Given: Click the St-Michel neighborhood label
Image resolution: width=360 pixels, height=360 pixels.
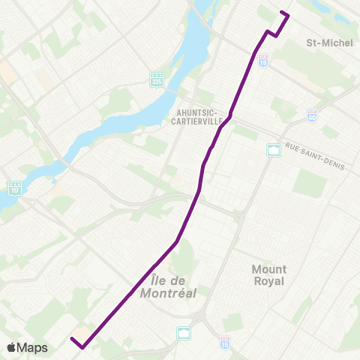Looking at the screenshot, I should [x=329, y=43].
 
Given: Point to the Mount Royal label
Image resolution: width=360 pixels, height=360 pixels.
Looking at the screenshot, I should [x=268, y=274].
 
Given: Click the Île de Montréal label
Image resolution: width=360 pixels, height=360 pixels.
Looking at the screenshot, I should [x=168, y=287].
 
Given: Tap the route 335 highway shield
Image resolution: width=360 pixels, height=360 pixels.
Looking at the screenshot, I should [x=156, y=79].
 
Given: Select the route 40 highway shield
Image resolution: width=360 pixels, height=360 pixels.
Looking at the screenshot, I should [x=311, y=114].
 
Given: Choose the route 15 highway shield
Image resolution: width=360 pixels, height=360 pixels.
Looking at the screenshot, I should [x=224, y=342].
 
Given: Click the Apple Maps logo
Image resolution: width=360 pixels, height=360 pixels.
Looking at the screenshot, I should [x=27, y=347].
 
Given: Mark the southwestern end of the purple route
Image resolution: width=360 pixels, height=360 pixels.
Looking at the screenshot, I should [x=72, y=339].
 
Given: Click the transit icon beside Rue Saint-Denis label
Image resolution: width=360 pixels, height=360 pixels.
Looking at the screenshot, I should [x=274, y=150].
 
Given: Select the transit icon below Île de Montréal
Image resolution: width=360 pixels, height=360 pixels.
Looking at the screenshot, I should [x=184, y=332].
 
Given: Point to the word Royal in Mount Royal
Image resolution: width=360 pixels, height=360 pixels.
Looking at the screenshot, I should [x=268, y=281].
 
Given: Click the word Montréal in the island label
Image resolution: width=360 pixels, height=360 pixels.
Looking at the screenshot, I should [x=168, y=293].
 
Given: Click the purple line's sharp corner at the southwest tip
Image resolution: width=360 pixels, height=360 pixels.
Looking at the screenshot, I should [x=81, y=346].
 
